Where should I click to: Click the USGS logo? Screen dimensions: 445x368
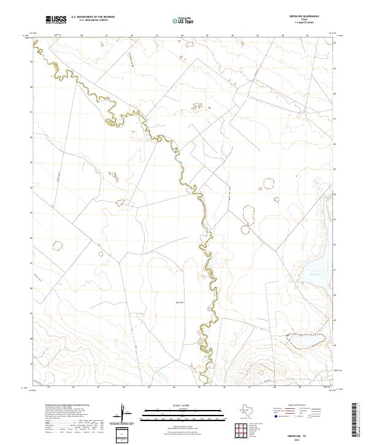click(x=56, y=20)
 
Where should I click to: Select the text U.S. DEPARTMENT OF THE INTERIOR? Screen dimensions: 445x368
click(x=93, y=17)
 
